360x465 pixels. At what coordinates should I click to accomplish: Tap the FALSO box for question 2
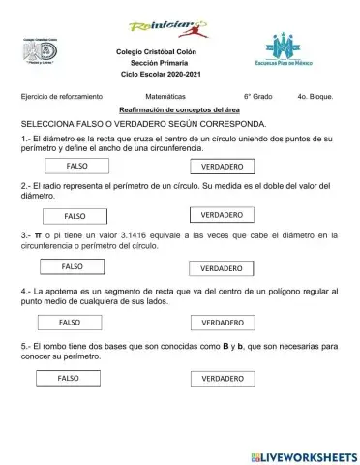(x=75, y=215)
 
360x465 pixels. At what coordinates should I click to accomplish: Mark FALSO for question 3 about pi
(x=73, y=265)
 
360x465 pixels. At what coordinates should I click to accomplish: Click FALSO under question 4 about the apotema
(x=71, y=321)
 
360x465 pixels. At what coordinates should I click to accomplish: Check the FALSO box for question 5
(x=69, y=377)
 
